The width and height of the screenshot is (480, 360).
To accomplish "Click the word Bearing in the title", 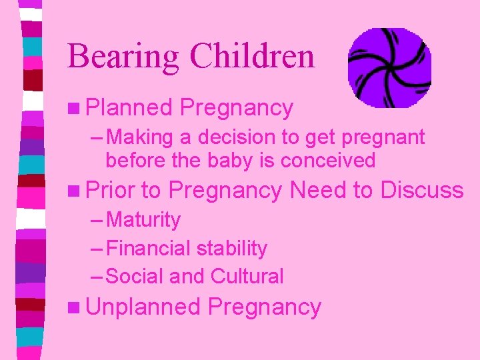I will (123, 57).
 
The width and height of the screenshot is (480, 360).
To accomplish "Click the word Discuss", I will (421, 190).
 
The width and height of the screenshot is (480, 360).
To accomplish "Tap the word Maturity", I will (143, 220).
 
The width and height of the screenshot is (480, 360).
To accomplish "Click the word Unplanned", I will (143, 307).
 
